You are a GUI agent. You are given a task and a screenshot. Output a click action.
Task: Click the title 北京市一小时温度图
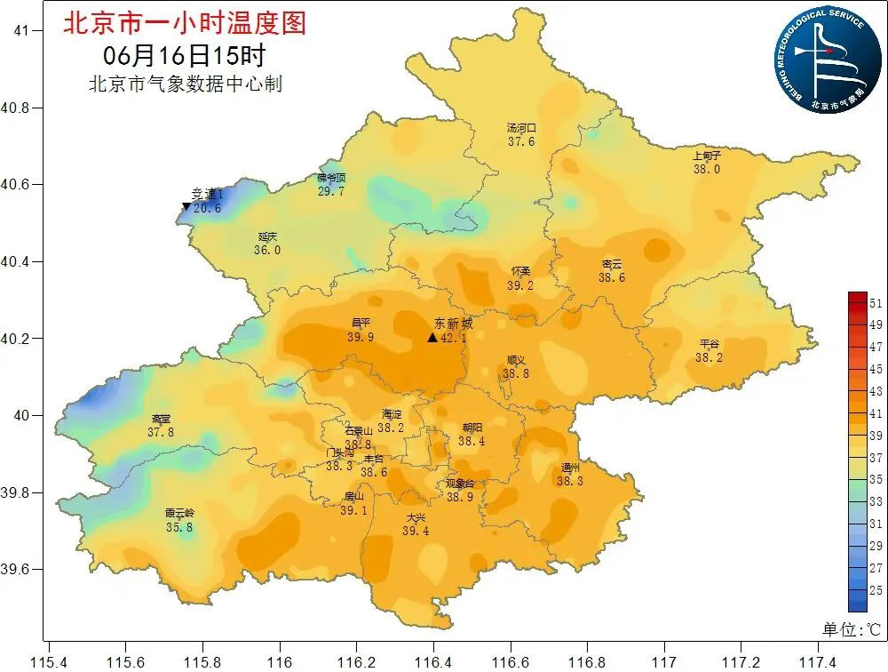184,23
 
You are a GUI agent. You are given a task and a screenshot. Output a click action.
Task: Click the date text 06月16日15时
184,55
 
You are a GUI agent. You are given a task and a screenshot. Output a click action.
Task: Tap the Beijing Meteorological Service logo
821,59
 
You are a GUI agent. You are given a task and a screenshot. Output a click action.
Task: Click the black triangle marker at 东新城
432,338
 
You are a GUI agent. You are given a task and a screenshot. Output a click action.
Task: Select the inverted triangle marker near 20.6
186,207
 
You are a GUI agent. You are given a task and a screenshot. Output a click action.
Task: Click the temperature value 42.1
451,338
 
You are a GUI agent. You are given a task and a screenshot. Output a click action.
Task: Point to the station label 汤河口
521,128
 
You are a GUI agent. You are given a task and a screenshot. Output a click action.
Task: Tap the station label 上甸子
707,156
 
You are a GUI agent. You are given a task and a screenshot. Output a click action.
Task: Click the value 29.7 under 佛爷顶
330,191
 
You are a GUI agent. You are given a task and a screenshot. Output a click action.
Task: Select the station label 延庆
267,236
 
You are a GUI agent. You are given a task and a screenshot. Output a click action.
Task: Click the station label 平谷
709,344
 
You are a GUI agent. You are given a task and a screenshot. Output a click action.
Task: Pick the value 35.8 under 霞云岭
179,527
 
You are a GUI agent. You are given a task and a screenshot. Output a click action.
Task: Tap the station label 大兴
416,517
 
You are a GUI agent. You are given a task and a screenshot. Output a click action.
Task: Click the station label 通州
570,468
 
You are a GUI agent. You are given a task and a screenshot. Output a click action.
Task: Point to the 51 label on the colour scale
876,303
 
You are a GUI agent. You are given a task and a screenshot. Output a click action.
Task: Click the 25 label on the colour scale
876,589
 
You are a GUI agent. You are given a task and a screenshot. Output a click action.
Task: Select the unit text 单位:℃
851,629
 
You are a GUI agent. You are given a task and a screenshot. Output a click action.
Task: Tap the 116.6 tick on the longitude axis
511,660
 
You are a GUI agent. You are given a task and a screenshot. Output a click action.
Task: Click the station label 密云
612,264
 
